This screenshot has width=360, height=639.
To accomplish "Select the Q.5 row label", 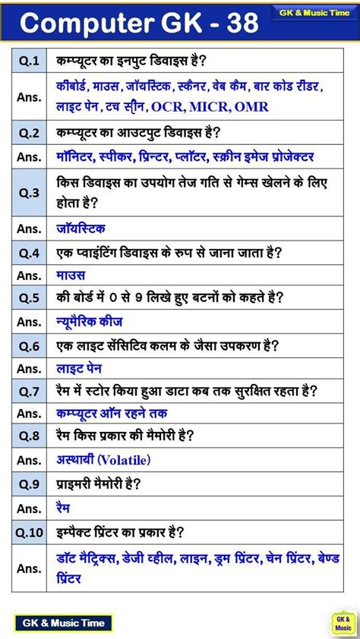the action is [29, 298].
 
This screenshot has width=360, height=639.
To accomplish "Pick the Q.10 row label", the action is [29, 533].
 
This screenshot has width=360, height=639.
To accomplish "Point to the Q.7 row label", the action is [29, 391].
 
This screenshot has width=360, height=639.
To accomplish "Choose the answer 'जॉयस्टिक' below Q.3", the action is [81, 228].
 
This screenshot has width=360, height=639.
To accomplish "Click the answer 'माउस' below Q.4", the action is [71, 275].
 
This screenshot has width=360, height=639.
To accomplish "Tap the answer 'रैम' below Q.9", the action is [64, 507].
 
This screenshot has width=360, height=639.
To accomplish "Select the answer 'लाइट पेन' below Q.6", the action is [81, 368].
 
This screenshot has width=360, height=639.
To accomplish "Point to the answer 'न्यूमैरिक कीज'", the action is [90, 322].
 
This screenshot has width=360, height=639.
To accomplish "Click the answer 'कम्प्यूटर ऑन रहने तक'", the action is [112, 414].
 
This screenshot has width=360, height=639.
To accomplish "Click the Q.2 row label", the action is [29, 133].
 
